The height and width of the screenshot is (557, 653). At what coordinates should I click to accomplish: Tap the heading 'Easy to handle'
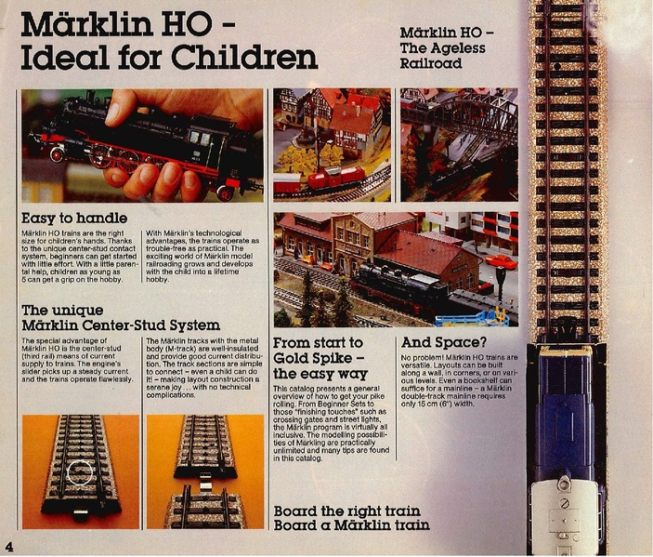[x=76, y=219]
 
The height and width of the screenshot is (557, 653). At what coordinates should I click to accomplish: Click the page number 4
[x=9, y=544]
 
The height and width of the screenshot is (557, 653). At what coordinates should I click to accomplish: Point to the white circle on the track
[x=80, y=472]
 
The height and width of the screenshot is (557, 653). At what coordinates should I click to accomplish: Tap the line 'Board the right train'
[x=346, y=511]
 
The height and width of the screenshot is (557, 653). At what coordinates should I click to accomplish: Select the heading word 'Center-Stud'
[x=170, y=325]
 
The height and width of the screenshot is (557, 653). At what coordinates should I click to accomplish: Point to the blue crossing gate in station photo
[x=478, y=319]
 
